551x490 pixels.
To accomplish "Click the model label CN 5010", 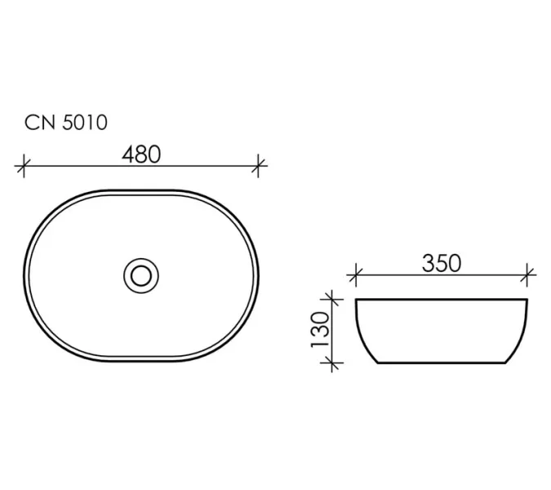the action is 66,122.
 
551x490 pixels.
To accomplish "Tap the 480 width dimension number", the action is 141,154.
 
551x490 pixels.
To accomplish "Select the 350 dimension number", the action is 442,263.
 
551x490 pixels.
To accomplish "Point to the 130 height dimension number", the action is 320,329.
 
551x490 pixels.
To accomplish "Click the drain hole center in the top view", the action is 141,275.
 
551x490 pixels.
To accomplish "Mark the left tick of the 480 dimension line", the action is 24,166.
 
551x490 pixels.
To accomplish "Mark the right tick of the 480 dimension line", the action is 258,166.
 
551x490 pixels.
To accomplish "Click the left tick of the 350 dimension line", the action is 356,275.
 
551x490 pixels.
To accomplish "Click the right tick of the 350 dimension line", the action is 527,275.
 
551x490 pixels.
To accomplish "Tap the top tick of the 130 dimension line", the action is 332,300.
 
